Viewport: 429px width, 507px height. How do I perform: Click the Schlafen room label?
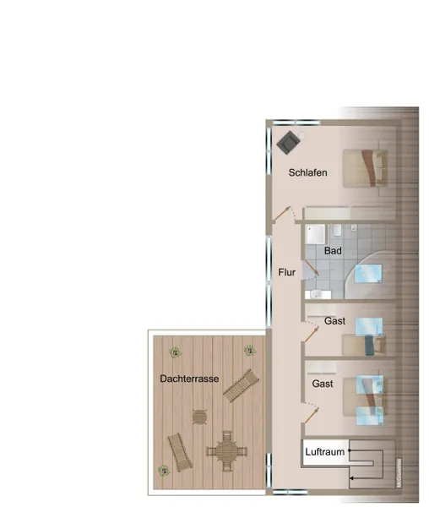coord(308,172)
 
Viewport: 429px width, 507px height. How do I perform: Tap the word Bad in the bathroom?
coord(333,251)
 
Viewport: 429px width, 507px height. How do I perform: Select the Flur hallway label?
coord(287,272)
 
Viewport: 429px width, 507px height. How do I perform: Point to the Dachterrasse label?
coord(189,379)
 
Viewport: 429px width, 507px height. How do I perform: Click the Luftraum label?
coord(324,452)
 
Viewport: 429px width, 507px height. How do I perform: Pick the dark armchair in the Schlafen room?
coord(288,143)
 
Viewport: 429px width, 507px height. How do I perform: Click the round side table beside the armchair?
coord(301,134)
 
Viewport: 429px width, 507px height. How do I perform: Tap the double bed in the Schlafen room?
coord(365,168)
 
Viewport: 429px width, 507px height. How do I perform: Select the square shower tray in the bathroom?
coord(316,234)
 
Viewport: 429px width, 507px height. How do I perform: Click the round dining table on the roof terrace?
coord(227,450)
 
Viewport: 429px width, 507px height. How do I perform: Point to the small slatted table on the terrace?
coord(199,417)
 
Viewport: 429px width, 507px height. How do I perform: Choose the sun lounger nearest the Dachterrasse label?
coord(242,385)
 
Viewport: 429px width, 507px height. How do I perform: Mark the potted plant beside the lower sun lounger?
coord(164,471)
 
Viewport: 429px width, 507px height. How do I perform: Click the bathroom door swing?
coord(311,270)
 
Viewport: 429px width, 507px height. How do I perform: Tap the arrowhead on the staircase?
coord(351,478)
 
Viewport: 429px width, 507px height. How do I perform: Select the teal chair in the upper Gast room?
coord(370,346)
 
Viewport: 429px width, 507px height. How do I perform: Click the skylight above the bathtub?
coord(368,274)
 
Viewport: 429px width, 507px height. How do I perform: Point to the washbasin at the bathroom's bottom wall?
coord(318,295)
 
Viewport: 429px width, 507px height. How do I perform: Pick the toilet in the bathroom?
coord(337,230)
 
